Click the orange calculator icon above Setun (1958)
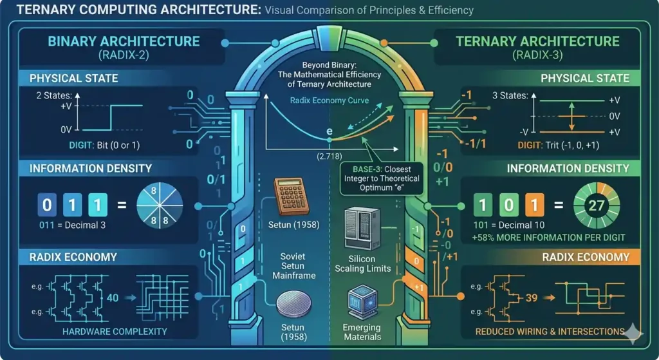(292, 196)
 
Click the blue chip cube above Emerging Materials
(363, 302)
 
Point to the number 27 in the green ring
(597, 205)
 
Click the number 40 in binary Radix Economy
(113, 298)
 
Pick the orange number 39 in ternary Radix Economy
(532, 298)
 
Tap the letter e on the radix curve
(329, 131)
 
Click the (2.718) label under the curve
(329, 156)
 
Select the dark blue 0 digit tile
(47, 205)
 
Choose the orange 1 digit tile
(534, 205)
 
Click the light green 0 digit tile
(508, 205)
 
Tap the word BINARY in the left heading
(71, 41)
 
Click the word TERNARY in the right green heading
(483, 41)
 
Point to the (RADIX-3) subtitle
(537, 55)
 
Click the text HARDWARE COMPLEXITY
(115, 332)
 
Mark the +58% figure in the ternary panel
(483, 238)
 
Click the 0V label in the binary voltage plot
(66, 129)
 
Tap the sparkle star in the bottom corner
(633, 333)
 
